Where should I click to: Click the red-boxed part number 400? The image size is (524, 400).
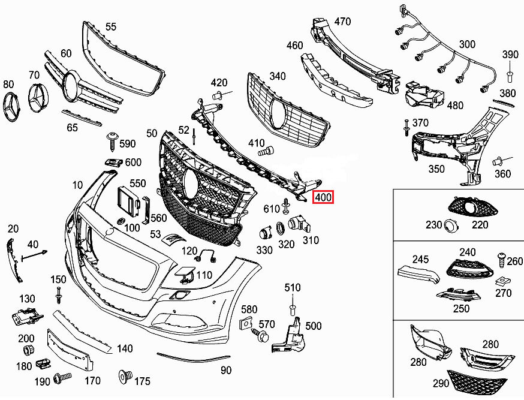324,197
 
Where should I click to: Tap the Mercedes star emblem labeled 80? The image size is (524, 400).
13,108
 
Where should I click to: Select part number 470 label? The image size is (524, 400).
342,22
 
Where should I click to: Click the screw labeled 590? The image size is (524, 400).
112,140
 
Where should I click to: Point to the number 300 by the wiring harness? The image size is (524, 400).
467,44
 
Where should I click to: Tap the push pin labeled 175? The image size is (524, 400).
125,376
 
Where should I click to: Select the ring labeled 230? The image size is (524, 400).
450,225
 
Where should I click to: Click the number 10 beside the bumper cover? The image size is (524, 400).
78,184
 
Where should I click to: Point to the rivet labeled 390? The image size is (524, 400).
510,76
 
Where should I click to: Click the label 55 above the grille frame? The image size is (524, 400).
111,26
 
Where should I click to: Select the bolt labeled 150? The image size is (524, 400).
59,295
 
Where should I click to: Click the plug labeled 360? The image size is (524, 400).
497,161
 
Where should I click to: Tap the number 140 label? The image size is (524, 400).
125,348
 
